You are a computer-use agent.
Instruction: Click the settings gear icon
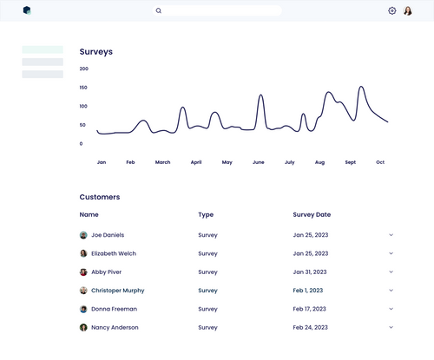(x=392, y=11)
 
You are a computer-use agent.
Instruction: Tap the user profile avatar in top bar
(x=408, y=11)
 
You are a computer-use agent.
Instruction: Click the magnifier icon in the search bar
(x=159, y=11)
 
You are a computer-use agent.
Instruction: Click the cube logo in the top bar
(x=27, y=10)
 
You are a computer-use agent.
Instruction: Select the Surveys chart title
(x=95, y=52)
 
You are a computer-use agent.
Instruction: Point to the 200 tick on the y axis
(x=83, y=69)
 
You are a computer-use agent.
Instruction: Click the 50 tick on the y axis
(x=83, y=125)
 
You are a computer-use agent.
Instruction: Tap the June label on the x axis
(x=258, y=162)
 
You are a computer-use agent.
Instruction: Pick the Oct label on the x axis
(x=380, y=162)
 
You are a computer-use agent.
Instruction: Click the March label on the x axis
(x=162, y=162)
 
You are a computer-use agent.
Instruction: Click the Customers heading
(x=100, y=197)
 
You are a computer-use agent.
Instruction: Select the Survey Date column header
(x=312, y=214)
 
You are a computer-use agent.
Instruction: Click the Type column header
(x=206, y=214)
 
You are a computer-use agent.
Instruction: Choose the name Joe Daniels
(x=108, y=235)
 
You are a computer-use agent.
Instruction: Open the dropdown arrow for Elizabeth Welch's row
(x=391, y=253)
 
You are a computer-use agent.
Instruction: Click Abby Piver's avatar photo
(x=83, y=272)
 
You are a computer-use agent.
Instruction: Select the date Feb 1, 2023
(x=308, y=291)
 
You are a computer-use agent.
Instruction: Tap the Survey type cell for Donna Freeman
(x=207, y=309)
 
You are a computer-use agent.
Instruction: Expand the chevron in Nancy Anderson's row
(x=391, y=327)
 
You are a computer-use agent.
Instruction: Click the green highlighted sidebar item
(x=43, y=49)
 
